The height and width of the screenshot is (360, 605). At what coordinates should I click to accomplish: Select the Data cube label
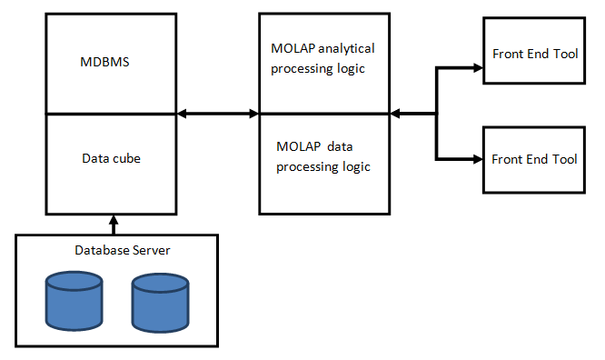pos(112,157)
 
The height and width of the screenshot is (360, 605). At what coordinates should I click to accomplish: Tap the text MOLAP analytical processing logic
pos(322,58)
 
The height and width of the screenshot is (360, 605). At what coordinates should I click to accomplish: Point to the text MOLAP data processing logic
pos(323,155)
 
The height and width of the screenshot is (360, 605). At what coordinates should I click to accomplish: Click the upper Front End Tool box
pos(534,54)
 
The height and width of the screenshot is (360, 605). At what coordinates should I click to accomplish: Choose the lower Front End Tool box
pos(534,159)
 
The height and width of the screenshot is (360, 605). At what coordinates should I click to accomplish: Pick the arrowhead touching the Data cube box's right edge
pos(182,114)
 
